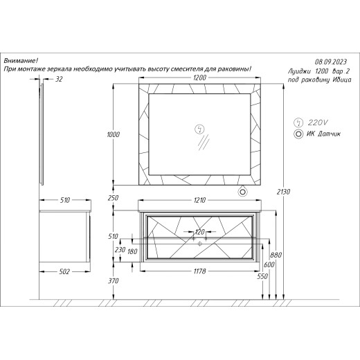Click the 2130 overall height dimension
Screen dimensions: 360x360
pos(283,192)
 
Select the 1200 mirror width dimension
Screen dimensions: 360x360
pos(199,78)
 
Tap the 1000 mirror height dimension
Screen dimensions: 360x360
pos(113,134)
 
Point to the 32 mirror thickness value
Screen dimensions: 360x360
pos(59,79)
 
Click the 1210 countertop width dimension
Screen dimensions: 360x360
pos(199,200)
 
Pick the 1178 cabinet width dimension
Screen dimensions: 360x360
pos(199,271)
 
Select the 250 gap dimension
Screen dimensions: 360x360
pos(113,198)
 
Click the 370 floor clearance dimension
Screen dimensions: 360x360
pos(113,281)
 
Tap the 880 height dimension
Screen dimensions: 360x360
pos(276,255)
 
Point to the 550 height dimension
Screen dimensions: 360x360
pos(262,276)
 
